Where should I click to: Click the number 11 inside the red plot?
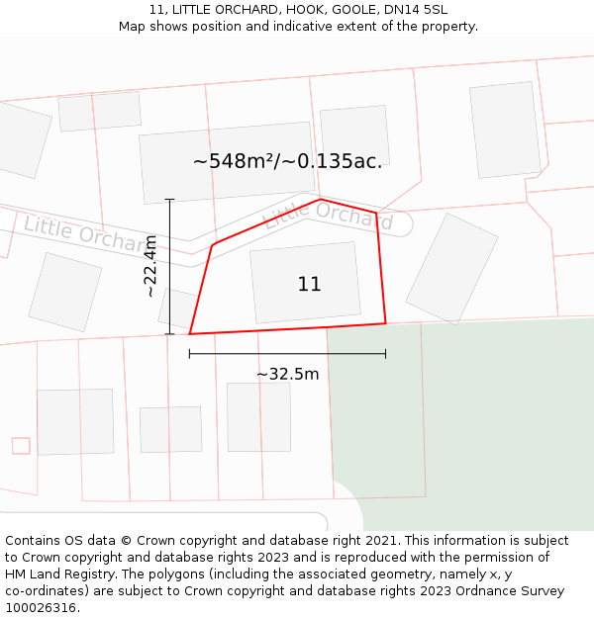[x=309, y=285]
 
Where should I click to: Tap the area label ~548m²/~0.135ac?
[x=287, y=161]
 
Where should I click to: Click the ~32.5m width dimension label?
[x=287, y=374]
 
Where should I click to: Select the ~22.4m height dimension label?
[x=150, y=266]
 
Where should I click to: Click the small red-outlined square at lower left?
[x=21, y=446]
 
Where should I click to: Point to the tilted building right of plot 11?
[x=451, y=263]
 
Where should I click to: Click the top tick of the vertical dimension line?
[x=169, y=200]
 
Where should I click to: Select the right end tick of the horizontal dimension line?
[x=385, y=353]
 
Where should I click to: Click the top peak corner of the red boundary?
[x=321, y=200]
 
